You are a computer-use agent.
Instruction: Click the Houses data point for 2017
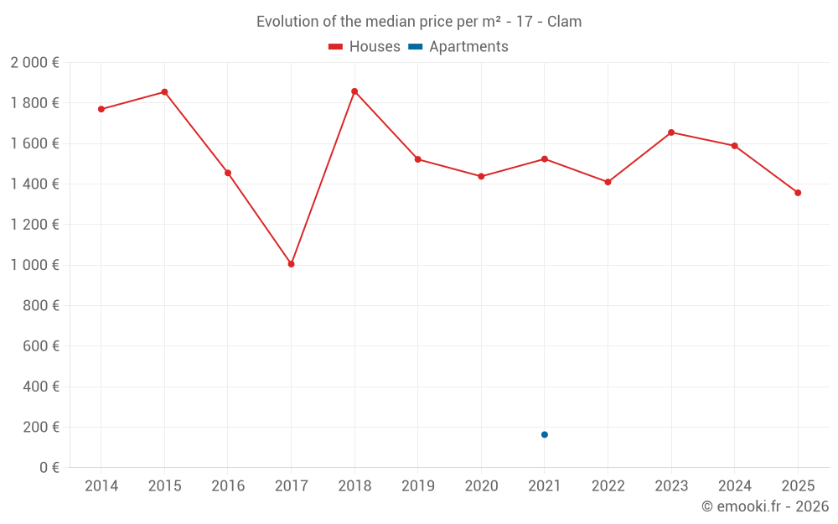tap(291, 264)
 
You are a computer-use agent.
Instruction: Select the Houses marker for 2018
tap(354, 91)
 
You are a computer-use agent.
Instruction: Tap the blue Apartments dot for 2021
tap(545, 434)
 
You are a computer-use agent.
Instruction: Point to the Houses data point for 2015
tap(164, 92)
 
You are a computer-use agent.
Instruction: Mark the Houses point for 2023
tap(671, 132)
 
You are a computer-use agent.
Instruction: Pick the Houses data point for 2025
tap(798, 193)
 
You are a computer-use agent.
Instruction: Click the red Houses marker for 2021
tap(545, 159)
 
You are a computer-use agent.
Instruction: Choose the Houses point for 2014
tap(101, 109)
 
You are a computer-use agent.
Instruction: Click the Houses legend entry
tap(364, 47)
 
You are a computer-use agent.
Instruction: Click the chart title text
tap(419, 22)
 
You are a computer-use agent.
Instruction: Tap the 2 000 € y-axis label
tap(34, 63)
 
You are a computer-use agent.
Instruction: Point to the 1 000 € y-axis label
tap(34, 265)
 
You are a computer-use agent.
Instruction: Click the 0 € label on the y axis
tap(49, 468)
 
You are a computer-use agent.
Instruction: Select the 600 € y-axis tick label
tap(40, 346)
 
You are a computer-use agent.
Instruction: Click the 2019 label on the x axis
tap(417, 486)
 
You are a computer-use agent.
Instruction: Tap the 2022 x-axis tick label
tap(608, 486)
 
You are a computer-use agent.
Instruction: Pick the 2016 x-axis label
tap(228, 486)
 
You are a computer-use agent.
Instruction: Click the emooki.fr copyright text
tap(764, 506)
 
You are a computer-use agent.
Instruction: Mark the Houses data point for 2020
tap(481, 176)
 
